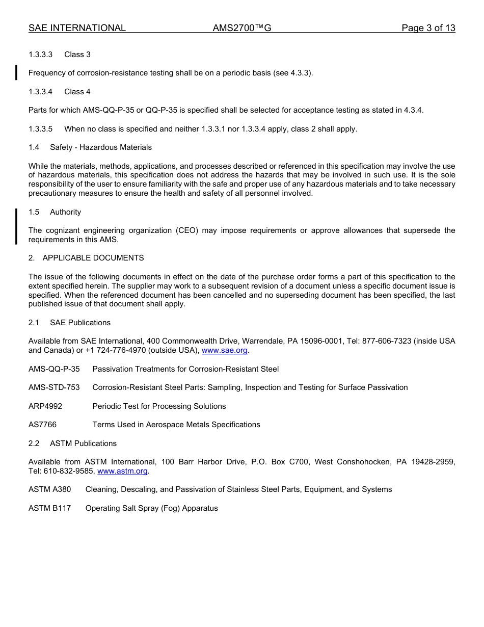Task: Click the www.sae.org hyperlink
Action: pyautogui.click(x=225, y=351)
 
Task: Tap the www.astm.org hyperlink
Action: pyautogui.click(x=122, y=472)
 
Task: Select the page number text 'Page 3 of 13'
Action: pyautogui.click(x=428, y=28)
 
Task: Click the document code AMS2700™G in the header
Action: pyautogui.click(x=242, y=28)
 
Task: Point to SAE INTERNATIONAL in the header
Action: pyautogui.click(x=77, y=28)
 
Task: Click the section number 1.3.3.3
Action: pyautogui.click(x=41, y=55)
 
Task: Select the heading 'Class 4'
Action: pyautogui.click(x=77, y=92)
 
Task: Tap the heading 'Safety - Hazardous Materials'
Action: pyautogui.click(x=101, y=147)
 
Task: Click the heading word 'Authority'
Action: pyautogui.click(x=65, y=212)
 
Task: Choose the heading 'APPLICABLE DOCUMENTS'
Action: pyautogui.click(x=93, y=258)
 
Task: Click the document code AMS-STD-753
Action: pyautogui.click(x=54, y=387)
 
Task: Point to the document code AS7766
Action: pyautogui.click(x=43, y=425)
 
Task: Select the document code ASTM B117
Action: pyautogui.click(x=50, y=508)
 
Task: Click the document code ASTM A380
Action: pyautogui.click(x=50, y=489)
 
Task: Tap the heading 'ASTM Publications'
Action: pyautogui.click(x=83, y=443)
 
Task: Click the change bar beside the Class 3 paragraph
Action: pyautogui.click(x=16, y=73)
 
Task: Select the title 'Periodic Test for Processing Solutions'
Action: pyautogui.click(x=159, y=406)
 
